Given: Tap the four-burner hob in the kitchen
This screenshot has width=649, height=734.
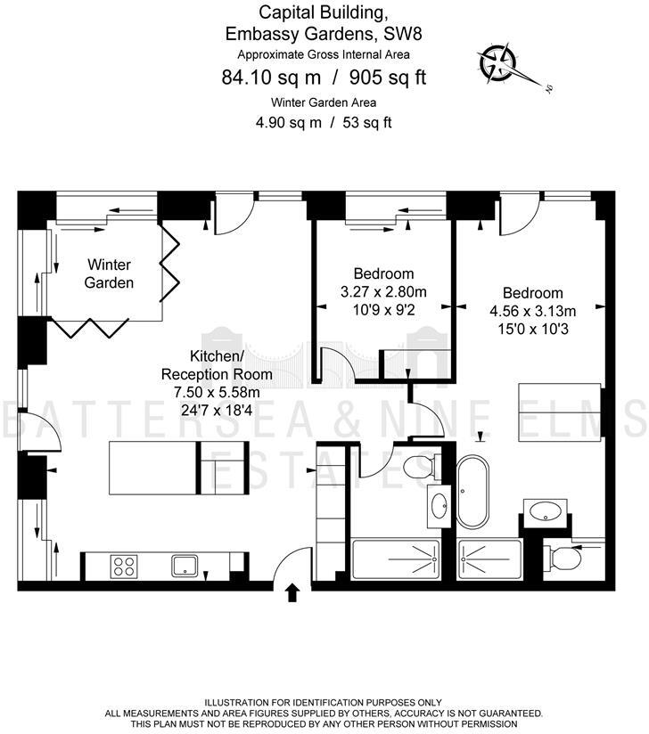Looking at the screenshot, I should tap(125, 565).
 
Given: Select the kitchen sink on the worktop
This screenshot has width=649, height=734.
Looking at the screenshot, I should tap(185, 564).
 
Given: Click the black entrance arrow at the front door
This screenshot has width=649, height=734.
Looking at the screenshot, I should tap(292, 594).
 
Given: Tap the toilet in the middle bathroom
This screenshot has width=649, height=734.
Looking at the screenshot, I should tap(419, 466).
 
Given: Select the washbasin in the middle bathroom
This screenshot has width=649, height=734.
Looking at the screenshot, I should tap(440, 507).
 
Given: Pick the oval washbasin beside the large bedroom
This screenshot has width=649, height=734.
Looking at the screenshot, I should tap(544, 511).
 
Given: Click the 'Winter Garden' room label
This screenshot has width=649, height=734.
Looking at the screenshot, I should tap(109, 273).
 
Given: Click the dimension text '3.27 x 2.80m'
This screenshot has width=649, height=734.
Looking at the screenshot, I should tap(383, 291).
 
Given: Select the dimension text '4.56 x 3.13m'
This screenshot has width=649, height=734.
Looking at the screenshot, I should tap(532, 311).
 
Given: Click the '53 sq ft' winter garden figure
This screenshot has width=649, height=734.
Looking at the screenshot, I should tap(364, 123).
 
